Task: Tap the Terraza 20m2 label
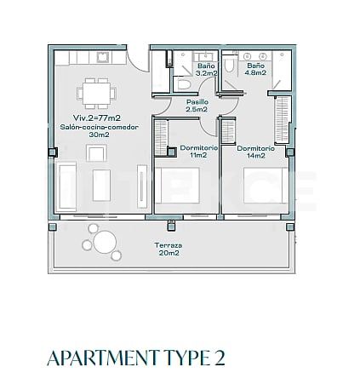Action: coord(167,249)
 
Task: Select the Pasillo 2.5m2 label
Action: coord(197,106)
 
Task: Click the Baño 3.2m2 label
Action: coord(205,70)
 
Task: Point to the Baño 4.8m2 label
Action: coord(255,70)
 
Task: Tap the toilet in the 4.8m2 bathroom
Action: coord(231,67)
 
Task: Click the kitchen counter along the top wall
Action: coord(85,59)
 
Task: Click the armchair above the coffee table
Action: coord(96,153)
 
